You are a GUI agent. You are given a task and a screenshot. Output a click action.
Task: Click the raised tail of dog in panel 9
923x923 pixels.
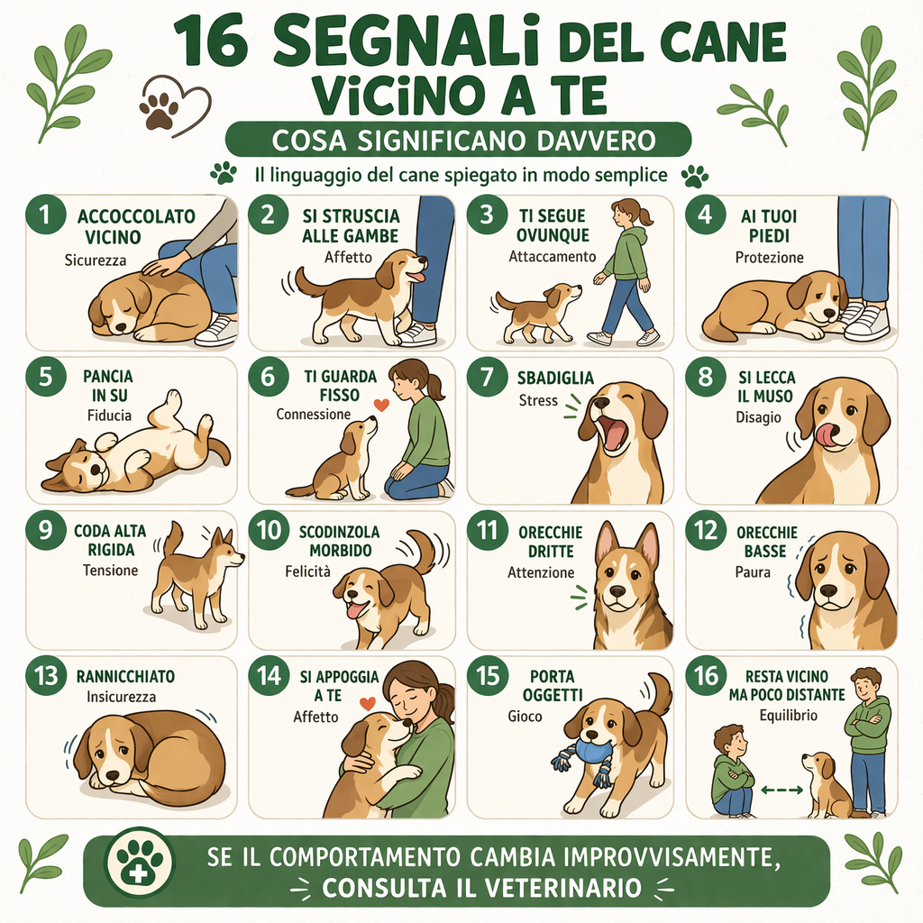[174, 538]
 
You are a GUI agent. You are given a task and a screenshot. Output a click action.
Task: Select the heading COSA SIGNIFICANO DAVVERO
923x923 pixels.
[456, 142]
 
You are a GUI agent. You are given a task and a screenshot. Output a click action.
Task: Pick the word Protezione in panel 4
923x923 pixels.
[769, 258]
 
